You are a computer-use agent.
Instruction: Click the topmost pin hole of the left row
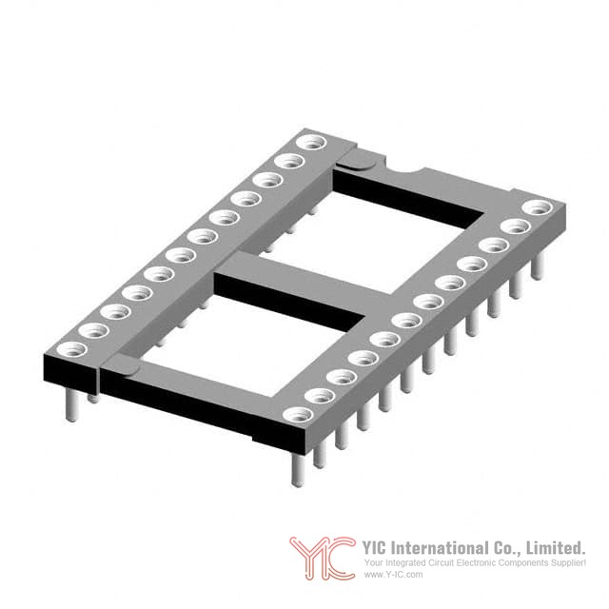[311, 142]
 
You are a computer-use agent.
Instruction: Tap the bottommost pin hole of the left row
[71, 349]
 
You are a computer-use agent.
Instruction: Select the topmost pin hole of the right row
[538, 207]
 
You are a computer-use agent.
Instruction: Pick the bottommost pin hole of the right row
[298, 415]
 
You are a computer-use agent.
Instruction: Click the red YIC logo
[323, 558]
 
